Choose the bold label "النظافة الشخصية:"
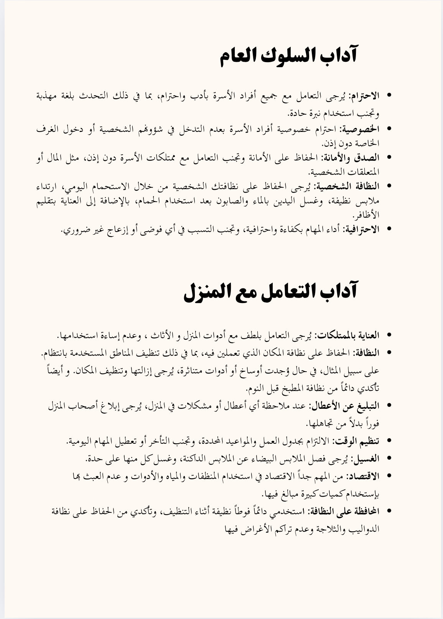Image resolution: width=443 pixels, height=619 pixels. pos(346,186)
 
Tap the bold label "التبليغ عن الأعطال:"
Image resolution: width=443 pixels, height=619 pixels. pos(344,405)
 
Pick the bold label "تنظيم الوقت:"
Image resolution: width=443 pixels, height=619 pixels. pos(357,441)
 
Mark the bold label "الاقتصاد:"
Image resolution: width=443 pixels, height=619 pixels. pos(363,476)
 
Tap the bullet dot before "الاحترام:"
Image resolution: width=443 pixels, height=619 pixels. pos(390,95)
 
